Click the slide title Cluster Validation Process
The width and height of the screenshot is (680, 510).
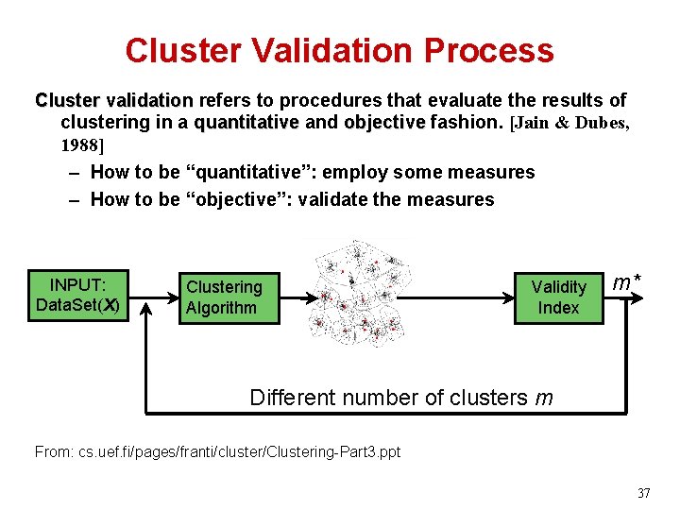pyautogui.click(x=339, y=50)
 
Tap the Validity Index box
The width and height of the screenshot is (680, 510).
pyautogui.click(x=558, y=297)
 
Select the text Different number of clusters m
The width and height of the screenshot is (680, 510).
pyautogui.click(x=401, y=398)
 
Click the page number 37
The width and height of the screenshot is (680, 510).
pyautogui.click(x=644, y=493)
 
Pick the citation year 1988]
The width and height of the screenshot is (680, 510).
pyautogui.click(x=82, y=145)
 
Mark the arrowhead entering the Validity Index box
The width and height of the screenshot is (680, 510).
pyautogui.click(x=508, y=295)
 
